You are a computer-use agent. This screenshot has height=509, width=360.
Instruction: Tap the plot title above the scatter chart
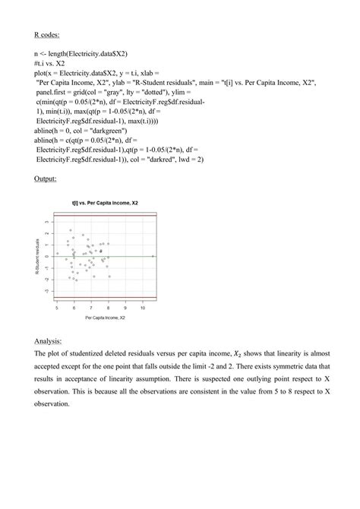click(104, 204)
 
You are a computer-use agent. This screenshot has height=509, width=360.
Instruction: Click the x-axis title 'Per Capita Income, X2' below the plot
click(104, 317)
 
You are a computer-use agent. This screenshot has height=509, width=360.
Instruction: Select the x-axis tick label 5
click(57, 307)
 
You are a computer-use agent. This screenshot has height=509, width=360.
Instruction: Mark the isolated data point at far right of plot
click(153, 256)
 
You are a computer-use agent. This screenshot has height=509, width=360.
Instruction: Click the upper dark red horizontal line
click(104, 217)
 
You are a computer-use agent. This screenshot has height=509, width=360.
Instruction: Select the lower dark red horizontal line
click(104, 297)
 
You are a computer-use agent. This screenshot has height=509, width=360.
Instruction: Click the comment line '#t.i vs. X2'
click(51, 65)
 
